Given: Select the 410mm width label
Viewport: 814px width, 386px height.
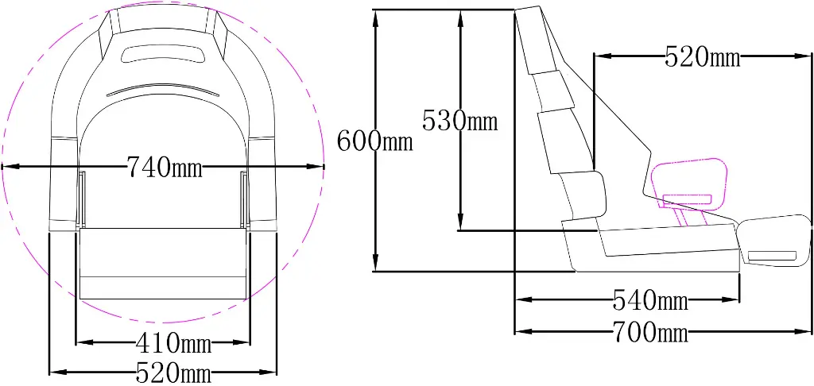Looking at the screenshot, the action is click(173, 343).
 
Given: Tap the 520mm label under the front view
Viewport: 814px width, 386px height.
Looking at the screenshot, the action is click(173, 372).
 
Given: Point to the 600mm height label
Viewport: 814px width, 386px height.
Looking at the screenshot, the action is click(375, 141).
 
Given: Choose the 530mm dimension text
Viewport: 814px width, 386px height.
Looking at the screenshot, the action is click(459, 121).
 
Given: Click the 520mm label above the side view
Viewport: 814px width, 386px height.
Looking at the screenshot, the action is click(703, 56).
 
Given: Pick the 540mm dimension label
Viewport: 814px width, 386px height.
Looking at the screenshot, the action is click(650, 300).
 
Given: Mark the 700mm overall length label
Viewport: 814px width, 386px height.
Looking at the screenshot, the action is click(650, 332).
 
